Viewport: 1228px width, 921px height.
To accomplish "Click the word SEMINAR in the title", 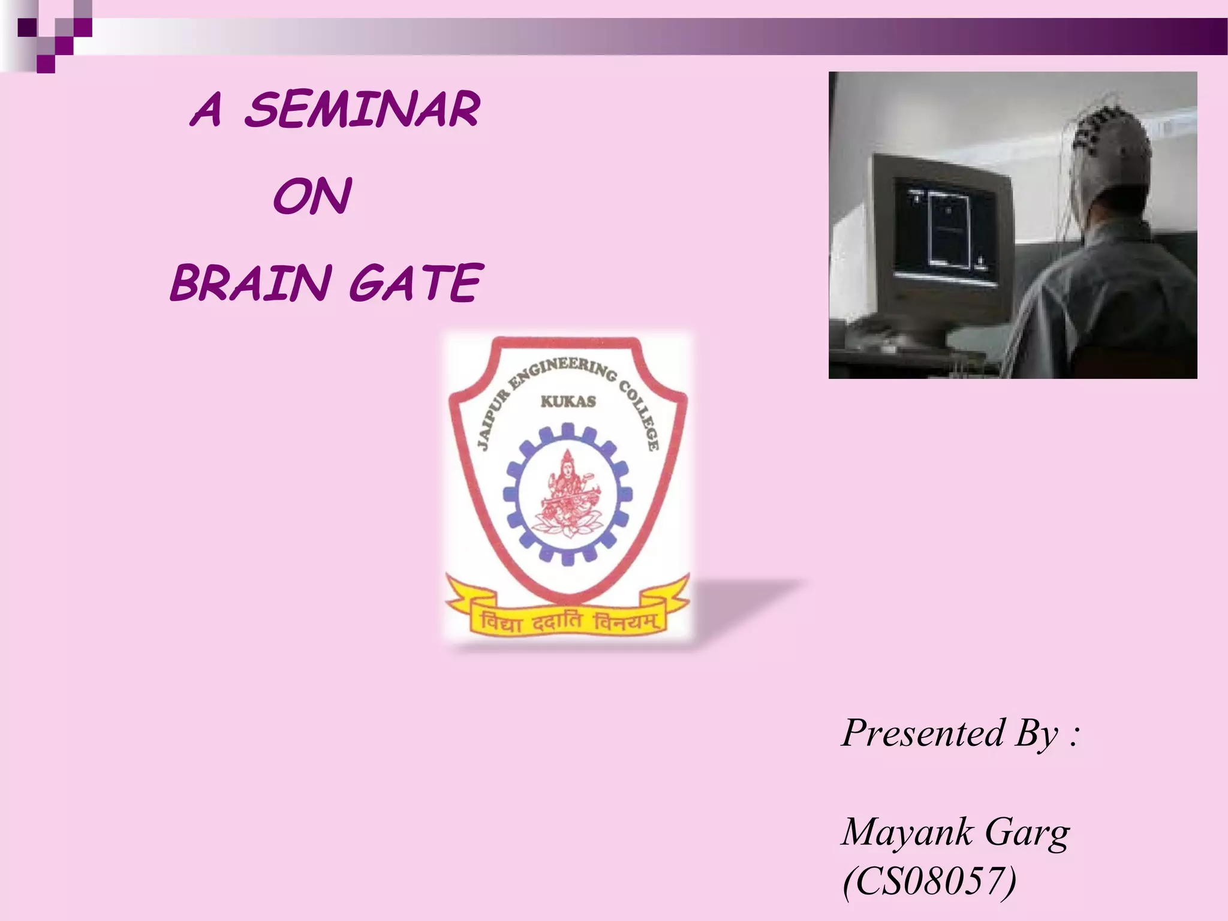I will pos(362,110).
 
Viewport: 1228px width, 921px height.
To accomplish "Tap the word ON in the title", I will pos(312,197).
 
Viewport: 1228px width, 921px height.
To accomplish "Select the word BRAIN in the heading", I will pos(251,283).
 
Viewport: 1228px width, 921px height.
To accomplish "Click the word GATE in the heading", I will pos(415,283).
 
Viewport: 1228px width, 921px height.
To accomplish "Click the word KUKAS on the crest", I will pos(568,401).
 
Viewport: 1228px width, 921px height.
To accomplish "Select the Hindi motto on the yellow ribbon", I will pos(568,622).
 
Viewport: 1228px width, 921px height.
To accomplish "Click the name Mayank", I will pos(907,832).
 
